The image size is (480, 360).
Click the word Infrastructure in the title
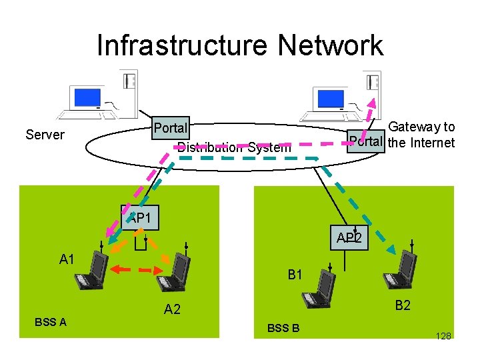click(174, 45)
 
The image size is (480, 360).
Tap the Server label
click(45, 135)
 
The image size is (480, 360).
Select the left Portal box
click(171, 127)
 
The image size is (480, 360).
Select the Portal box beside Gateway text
click(366, 141)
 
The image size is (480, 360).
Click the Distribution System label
click(234, 147)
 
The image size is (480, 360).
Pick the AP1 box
click(140, 217)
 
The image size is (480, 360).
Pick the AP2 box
click(350, 238)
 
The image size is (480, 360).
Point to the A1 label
click(67, 259)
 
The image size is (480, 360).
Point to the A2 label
click(172, 308)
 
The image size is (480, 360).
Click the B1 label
click(295, 273)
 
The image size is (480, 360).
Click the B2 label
click(403, 305)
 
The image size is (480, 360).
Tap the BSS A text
click(51, 322)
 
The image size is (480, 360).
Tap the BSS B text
click(283, 327)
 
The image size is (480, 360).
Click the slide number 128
click(443, 335)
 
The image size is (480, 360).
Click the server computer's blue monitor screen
click(87, 97)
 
